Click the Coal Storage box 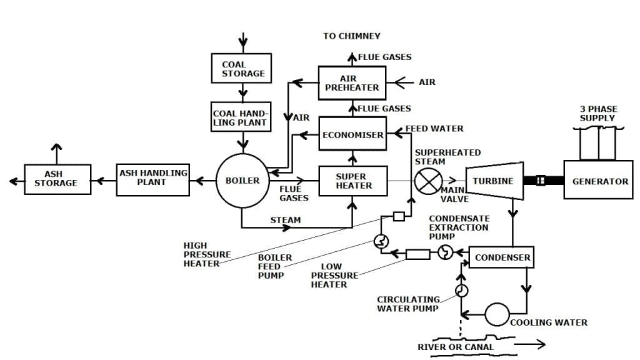(243, 69)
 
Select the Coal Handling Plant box (241, 117)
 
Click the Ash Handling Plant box (152, 181)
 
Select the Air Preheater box (352, 83)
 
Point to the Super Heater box (353, 181)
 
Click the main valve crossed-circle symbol (428, 181)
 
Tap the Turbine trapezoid (494, 181)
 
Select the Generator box (599, 181)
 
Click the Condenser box (502, 257)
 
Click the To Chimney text (351, 36)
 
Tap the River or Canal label (456, 347)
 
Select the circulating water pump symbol (461, 291)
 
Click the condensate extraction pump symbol (445, 252)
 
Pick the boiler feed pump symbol (381, 241)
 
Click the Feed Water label (434, 129)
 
